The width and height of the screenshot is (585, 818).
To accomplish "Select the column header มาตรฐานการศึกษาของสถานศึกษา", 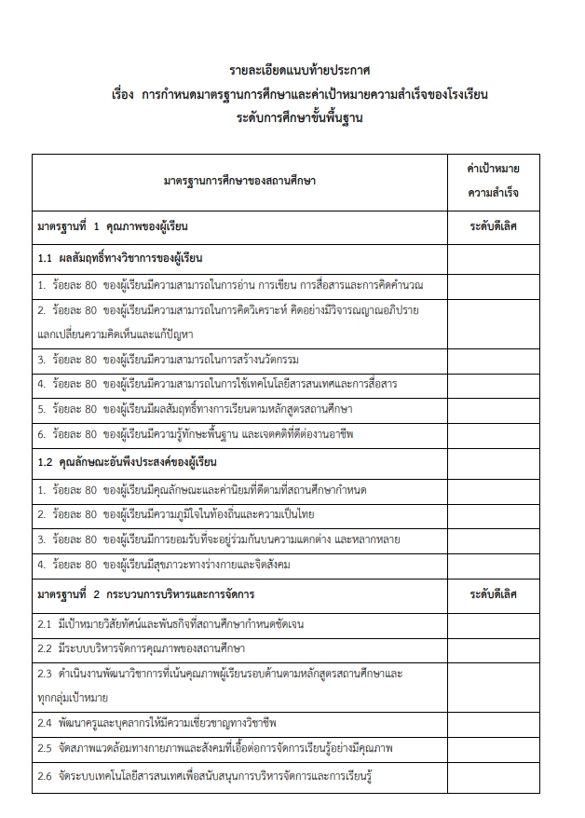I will click(239, 181).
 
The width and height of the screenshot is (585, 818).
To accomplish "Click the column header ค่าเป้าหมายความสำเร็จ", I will click(493, 181).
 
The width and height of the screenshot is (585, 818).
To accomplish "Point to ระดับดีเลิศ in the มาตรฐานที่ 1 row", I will click(493, 226).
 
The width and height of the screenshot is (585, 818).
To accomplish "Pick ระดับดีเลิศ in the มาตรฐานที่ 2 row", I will click(493, 593).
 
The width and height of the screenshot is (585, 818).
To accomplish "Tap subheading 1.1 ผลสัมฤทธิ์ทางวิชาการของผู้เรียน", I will click(120, 258).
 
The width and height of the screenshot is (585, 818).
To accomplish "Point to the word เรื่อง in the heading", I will click(124, 95).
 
